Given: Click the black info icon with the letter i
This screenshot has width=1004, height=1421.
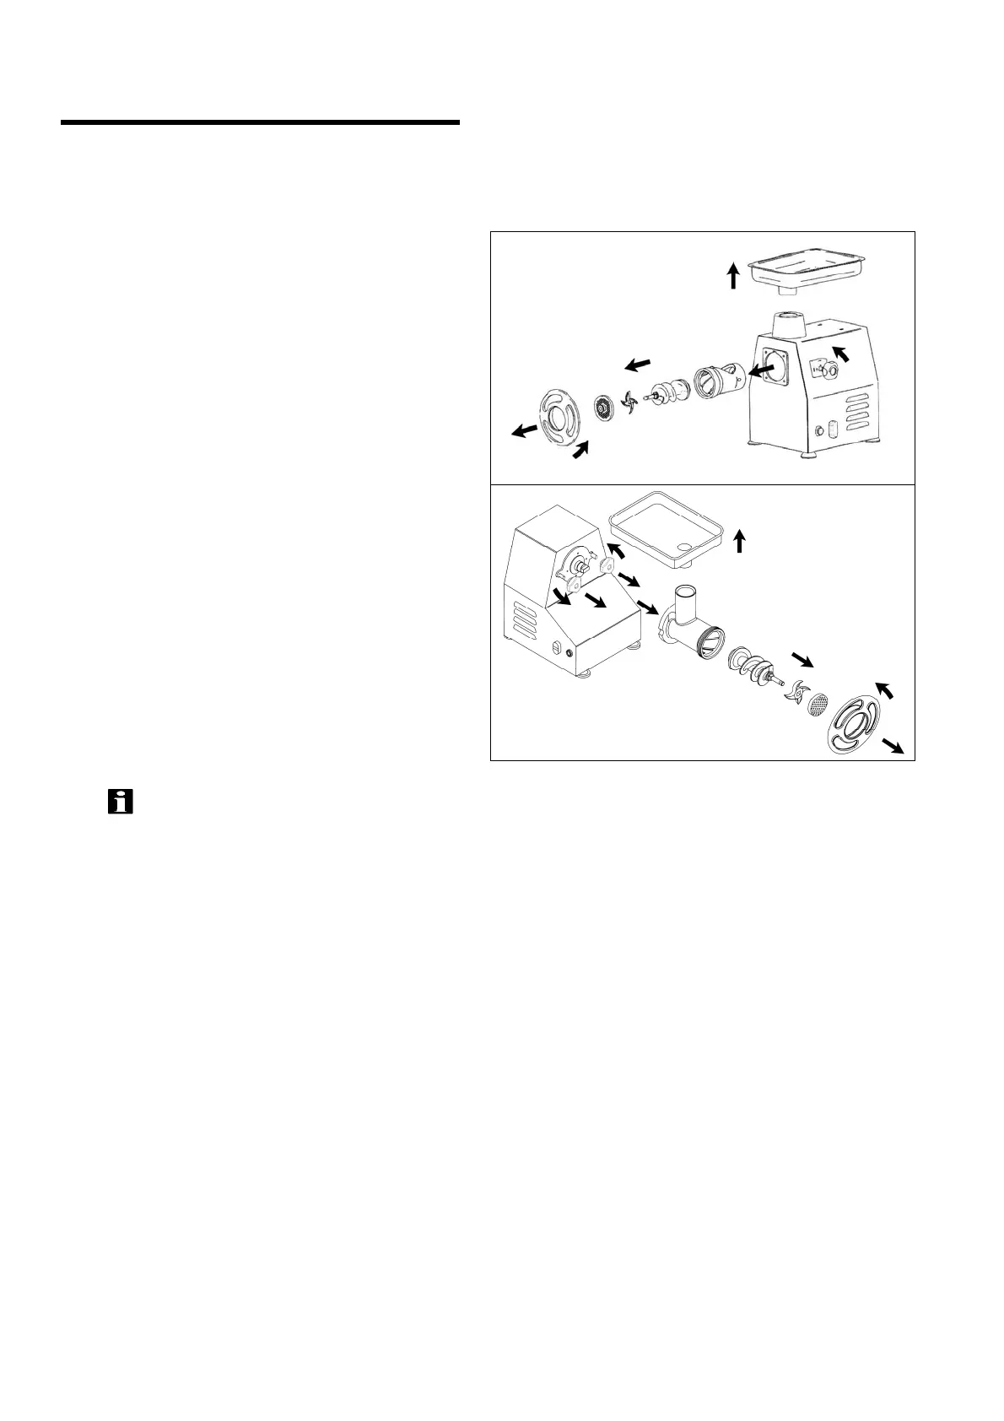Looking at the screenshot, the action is click(121, 802).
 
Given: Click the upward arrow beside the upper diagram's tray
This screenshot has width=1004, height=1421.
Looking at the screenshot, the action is click(734, 275).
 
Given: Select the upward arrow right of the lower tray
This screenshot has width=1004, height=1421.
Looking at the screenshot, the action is click(740, 540).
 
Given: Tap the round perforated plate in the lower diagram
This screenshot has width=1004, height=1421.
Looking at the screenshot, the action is click(818, 705).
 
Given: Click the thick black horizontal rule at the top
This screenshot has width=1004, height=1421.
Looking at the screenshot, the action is click(260, 123).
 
